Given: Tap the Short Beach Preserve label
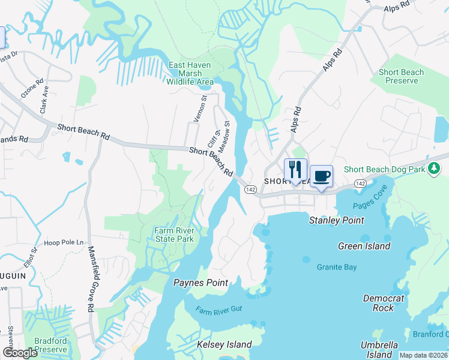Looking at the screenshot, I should coord(401,76).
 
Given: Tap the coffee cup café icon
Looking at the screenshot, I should coord(322,175).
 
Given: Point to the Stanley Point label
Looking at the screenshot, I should coord(336,220).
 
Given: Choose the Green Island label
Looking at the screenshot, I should coord(364,246).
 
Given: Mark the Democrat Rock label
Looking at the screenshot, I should coord(383,303).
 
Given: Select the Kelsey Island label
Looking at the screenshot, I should coord(224,344).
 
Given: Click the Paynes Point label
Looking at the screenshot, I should coord(200,283).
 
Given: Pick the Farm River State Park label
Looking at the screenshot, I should coord(174,235).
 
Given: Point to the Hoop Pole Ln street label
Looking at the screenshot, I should coord(63,242).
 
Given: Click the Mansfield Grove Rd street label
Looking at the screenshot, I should coord(91,278).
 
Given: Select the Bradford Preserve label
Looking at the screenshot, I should coord(50,345).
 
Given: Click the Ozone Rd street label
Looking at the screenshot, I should coord(32,89).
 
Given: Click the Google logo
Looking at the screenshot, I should coord(20,353).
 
